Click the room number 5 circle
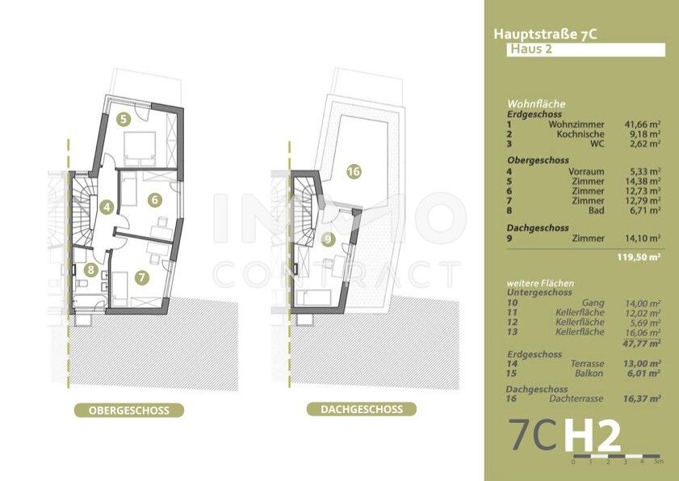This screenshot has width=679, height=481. point(124,119)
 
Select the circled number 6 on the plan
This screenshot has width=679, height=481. point(154,200)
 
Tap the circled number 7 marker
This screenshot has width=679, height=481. point(141,277)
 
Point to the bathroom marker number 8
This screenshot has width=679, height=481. point(90,270)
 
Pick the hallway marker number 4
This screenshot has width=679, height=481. point(107,207)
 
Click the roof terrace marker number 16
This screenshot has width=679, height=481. point(354,171)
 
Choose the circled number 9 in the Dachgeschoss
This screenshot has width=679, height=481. point(329,239)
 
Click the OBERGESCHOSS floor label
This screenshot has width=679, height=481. point(129,411)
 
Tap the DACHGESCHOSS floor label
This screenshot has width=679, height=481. point(362,409)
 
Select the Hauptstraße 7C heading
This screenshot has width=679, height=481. point(545,34)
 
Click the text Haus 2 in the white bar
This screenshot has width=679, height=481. point(531,49)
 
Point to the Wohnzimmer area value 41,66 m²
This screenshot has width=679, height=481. point(642,124)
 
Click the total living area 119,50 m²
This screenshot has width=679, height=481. point(639,257)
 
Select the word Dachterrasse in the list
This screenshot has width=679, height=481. point(576,399)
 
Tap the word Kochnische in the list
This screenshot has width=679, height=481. point(581,134)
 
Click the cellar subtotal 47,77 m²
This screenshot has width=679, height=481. point(642,344)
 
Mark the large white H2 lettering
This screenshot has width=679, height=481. point(593,436)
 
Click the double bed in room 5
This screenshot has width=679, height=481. point(140,149)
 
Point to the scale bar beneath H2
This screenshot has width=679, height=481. point(616,456)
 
